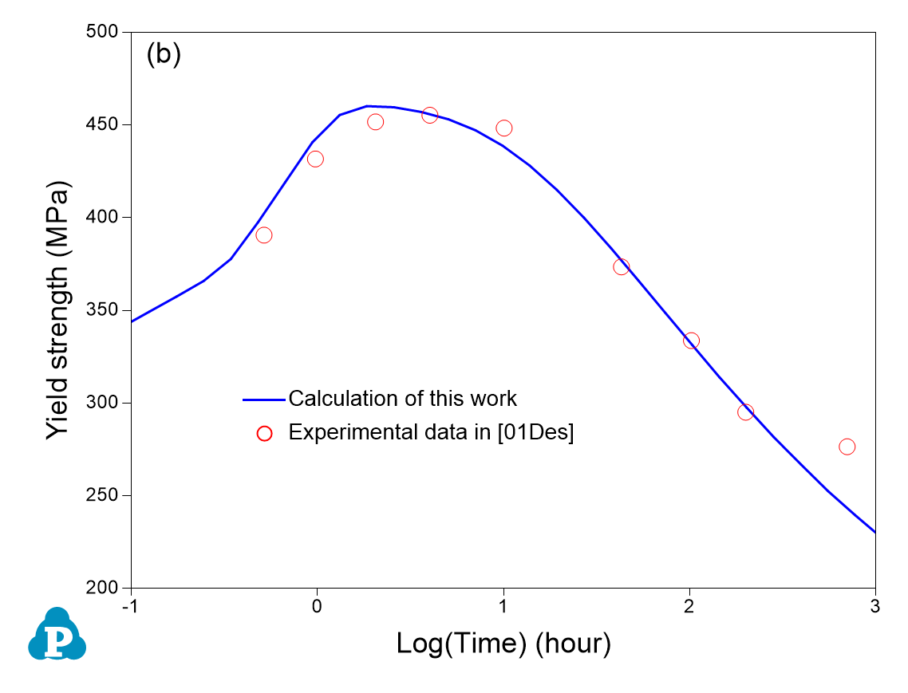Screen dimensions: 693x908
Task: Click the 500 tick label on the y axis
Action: tap(103, 33)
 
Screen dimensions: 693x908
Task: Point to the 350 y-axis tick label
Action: tap(103, 310)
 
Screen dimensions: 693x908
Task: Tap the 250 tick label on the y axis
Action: tap(103, 495)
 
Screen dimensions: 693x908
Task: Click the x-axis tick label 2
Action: tap(689, 605)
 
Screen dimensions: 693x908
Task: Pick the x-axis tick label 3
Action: tap(875, 605)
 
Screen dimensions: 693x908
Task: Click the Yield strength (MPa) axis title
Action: tap(57, 309)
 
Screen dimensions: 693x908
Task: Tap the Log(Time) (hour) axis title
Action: tap(503, 643)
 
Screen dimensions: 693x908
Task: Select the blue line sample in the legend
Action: tap(264, 399)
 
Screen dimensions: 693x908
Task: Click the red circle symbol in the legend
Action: tap(265, 433)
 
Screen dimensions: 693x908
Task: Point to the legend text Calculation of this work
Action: tap(403, 398)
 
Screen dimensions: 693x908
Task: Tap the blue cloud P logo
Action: tap(57, 636)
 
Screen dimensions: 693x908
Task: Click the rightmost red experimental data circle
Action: tap(847, 447)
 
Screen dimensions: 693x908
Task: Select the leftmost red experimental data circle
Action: tap(264, 235)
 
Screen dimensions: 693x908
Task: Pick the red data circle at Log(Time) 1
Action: tap(503, 128)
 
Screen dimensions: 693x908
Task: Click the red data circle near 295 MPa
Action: tap(745, 412)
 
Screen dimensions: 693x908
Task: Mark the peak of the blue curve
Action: tap(368, 106)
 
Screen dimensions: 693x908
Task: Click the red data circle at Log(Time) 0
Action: tap(315, 159)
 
